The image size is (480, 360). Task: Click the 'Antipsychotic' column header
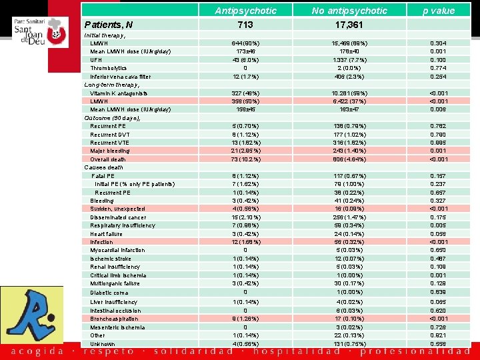pos(245,11)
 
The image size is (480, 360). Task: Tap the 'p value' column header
pos(439,11)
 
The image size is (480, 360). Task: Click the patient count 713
pos(245,25)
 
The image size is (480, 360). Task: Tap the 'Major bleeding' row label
pos(110,151)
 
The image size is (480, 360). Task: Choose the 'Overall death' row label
pos(107,159)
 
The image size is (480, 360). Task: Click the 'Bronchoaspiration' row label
pos(116,319)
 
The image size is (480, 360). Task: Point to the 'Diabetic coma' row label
pos(109,293)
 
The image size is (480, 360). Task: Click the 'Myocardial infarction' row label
pos(117,251)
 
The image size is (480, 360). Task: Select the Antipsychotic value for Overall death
pos(245,159)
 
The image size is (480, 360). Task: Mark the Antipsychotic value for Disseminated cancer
pos(245,217)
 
